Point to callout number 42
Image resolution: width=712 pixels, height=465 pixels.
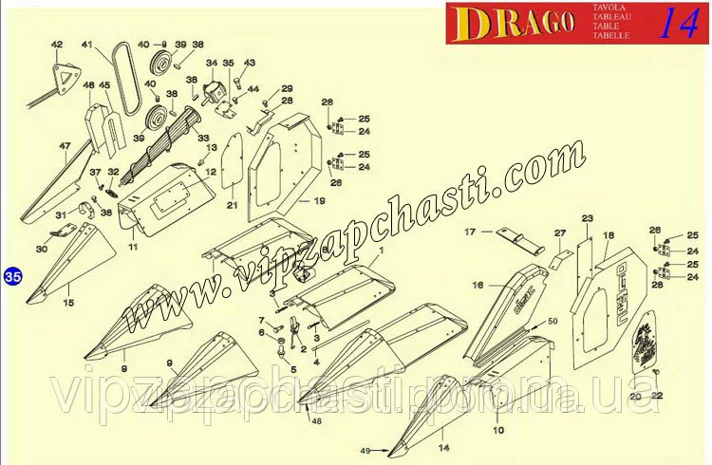coord(56,45)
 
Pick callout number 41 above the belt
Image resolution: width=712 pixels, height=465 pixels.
coord(87,45)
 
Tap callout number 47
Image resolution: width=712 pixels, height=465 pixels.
coord(65,145)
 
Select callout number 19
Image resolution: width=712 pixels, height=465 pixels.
coord(320,200)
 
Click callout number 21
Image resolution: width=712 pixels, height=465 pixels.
coord(231,205)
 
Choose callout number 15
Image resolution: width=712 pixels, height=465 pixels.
coord(67,303)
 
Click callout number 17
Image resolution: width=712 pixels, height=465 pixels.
coord(469,231)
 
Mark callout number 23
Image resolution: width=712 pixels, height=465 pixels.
coord(587,218)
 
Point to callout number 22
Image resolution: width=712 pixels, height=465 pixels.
coord(656,395)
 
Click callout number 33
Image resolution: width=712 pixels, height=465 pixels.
coord(203,138)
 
